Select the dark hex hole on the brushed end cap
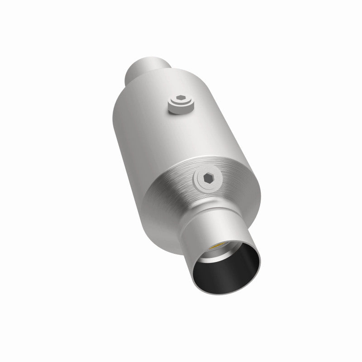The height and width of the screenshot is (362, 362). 210,180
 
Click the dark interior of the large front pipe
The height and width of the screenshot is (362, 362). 231,271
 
